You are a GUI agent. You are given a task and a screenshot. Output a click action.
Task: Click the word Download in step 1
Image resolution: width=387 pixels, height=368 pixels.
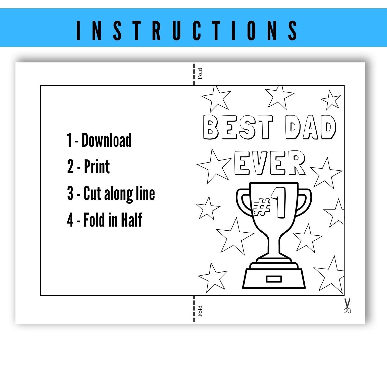(106, 140)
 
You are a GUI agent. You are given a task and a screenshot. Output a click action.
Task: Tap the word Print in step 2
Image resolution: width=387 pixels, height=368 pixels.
(97, 167)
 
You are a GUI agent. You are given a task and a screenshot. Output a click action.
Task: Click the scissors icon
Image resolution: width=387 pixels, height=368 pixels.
(347, 305)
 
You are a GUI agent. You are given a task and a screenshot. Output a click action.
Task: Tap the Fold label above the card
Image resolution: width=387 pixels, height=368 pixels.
(200, 74)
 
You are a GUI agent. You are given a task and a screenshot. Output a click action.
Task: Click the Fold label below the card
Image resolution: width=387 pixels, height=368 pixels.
(200, 311)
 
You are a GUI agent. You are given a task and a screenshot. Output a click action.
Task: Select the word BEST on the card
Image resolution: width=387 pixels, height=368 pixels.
(238, 127)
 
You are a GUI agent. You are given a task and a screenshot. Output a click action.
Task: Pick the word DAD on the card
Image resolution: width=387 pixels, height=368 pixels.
(311, 127)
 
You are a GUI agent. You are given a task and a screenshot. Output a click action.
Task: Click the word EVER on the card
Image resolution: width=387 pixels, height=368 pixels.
(270, 163)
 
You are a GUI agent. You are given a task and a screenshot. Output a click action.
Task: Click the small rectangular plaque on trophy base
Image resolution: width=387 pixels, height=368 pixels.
(274, 279)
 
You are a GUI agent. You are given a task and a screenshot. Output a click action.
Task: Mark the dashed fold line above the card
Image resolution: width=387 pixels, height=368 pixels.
(194, 74)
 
